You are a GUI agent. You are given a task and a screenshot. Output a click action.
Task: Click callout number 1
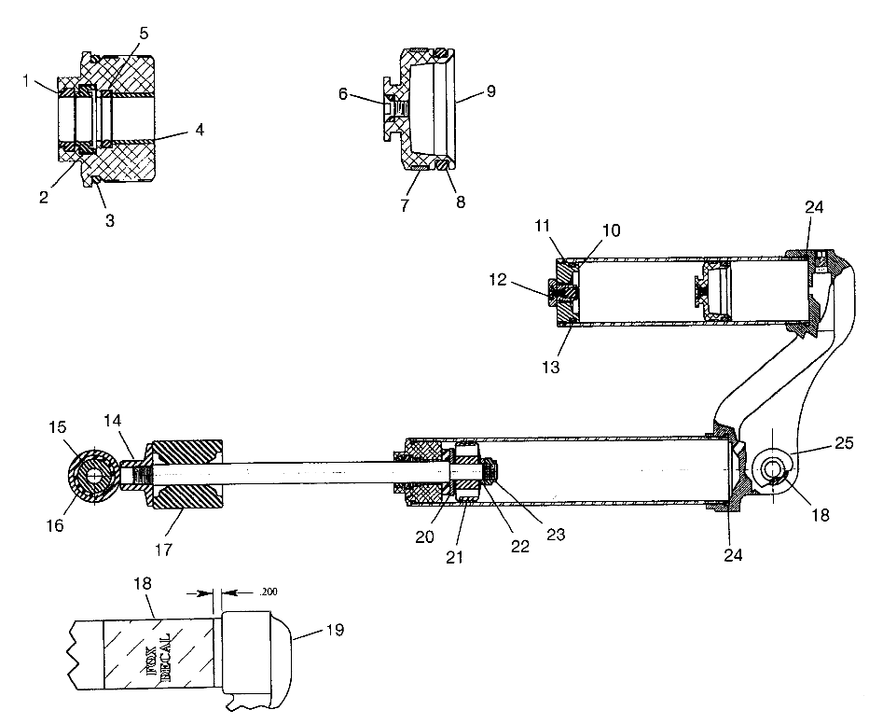26,81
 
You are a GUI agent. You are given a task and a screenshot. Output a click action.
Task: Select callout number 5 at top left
144,34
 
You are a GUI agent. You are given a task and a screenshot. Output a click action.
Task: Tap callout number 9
490,90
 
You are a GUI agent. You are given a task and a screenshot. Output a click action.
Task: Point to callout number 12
498,279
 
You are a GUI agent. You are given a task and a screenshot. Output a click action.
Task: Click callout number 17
163,550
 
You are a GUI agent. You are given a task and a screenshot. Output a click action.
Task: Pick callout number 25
844,443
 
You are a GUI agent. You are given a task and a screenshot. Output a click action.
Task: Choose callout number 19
335,630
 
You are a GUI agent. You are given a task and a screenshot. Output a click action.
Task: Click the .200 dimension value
269,592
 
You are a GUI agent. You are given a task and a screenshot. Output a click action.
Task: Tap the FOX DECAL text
165,654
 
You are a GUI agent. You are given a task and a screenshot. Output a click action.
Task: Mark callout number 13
551,367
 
